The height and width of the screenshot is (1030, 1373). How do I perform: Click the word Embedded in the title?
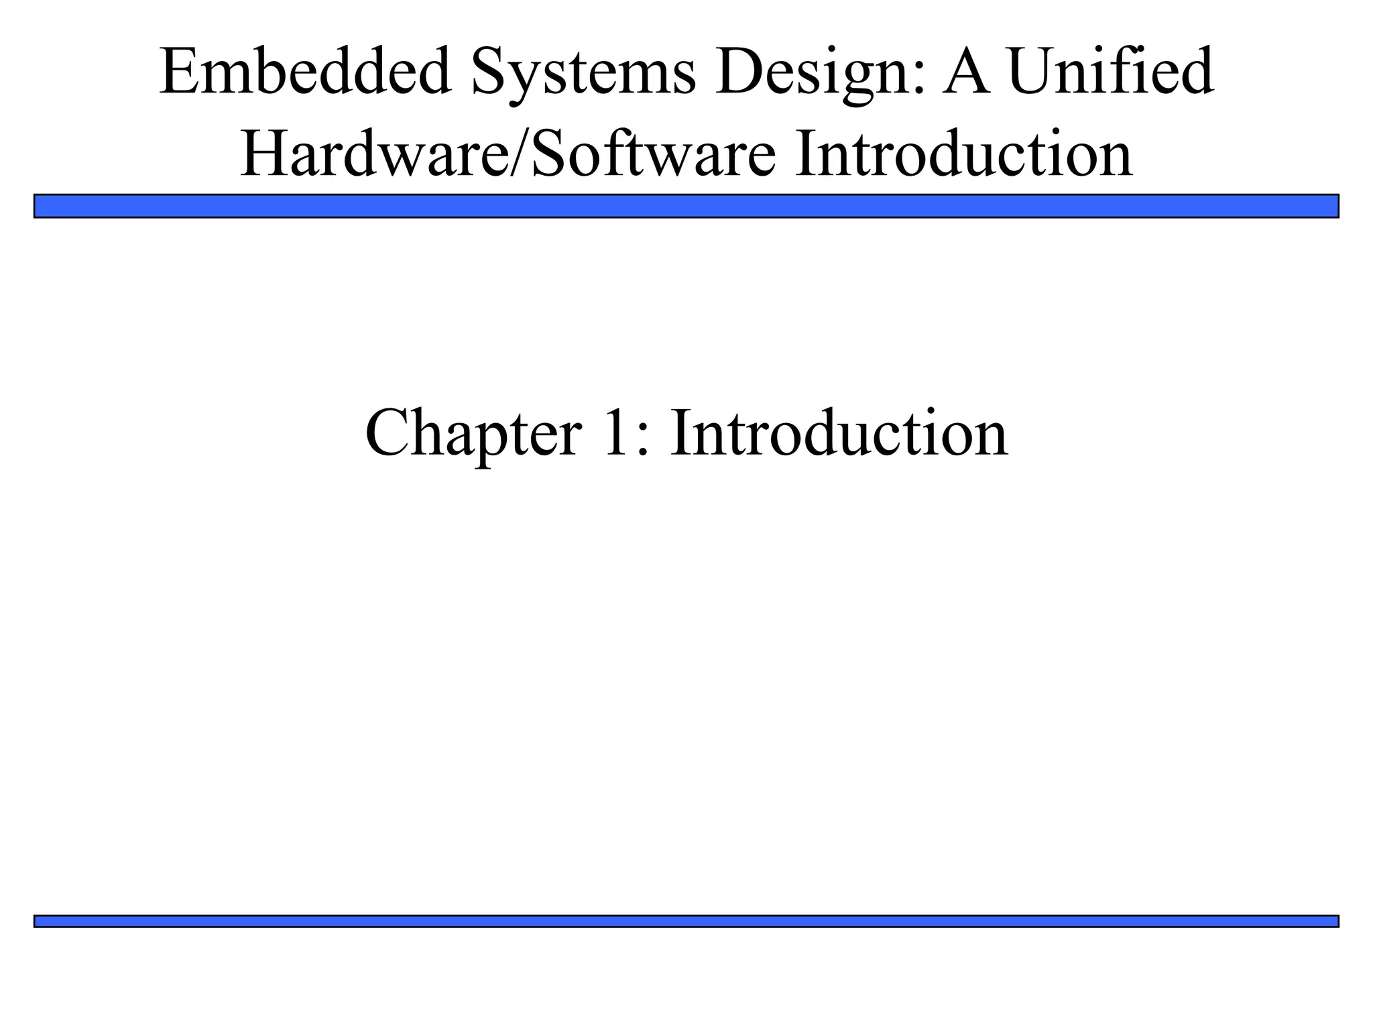(x=305, y=72)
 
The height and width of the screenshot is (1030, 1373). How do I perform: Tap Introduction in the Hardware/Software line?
(x=963, y=154)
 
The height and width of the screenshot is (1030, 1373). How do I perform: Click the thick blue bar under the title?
(x=686, y=206)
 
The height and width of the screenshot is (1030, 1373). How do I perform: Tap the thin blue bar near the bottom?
(x=686, y=921)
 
